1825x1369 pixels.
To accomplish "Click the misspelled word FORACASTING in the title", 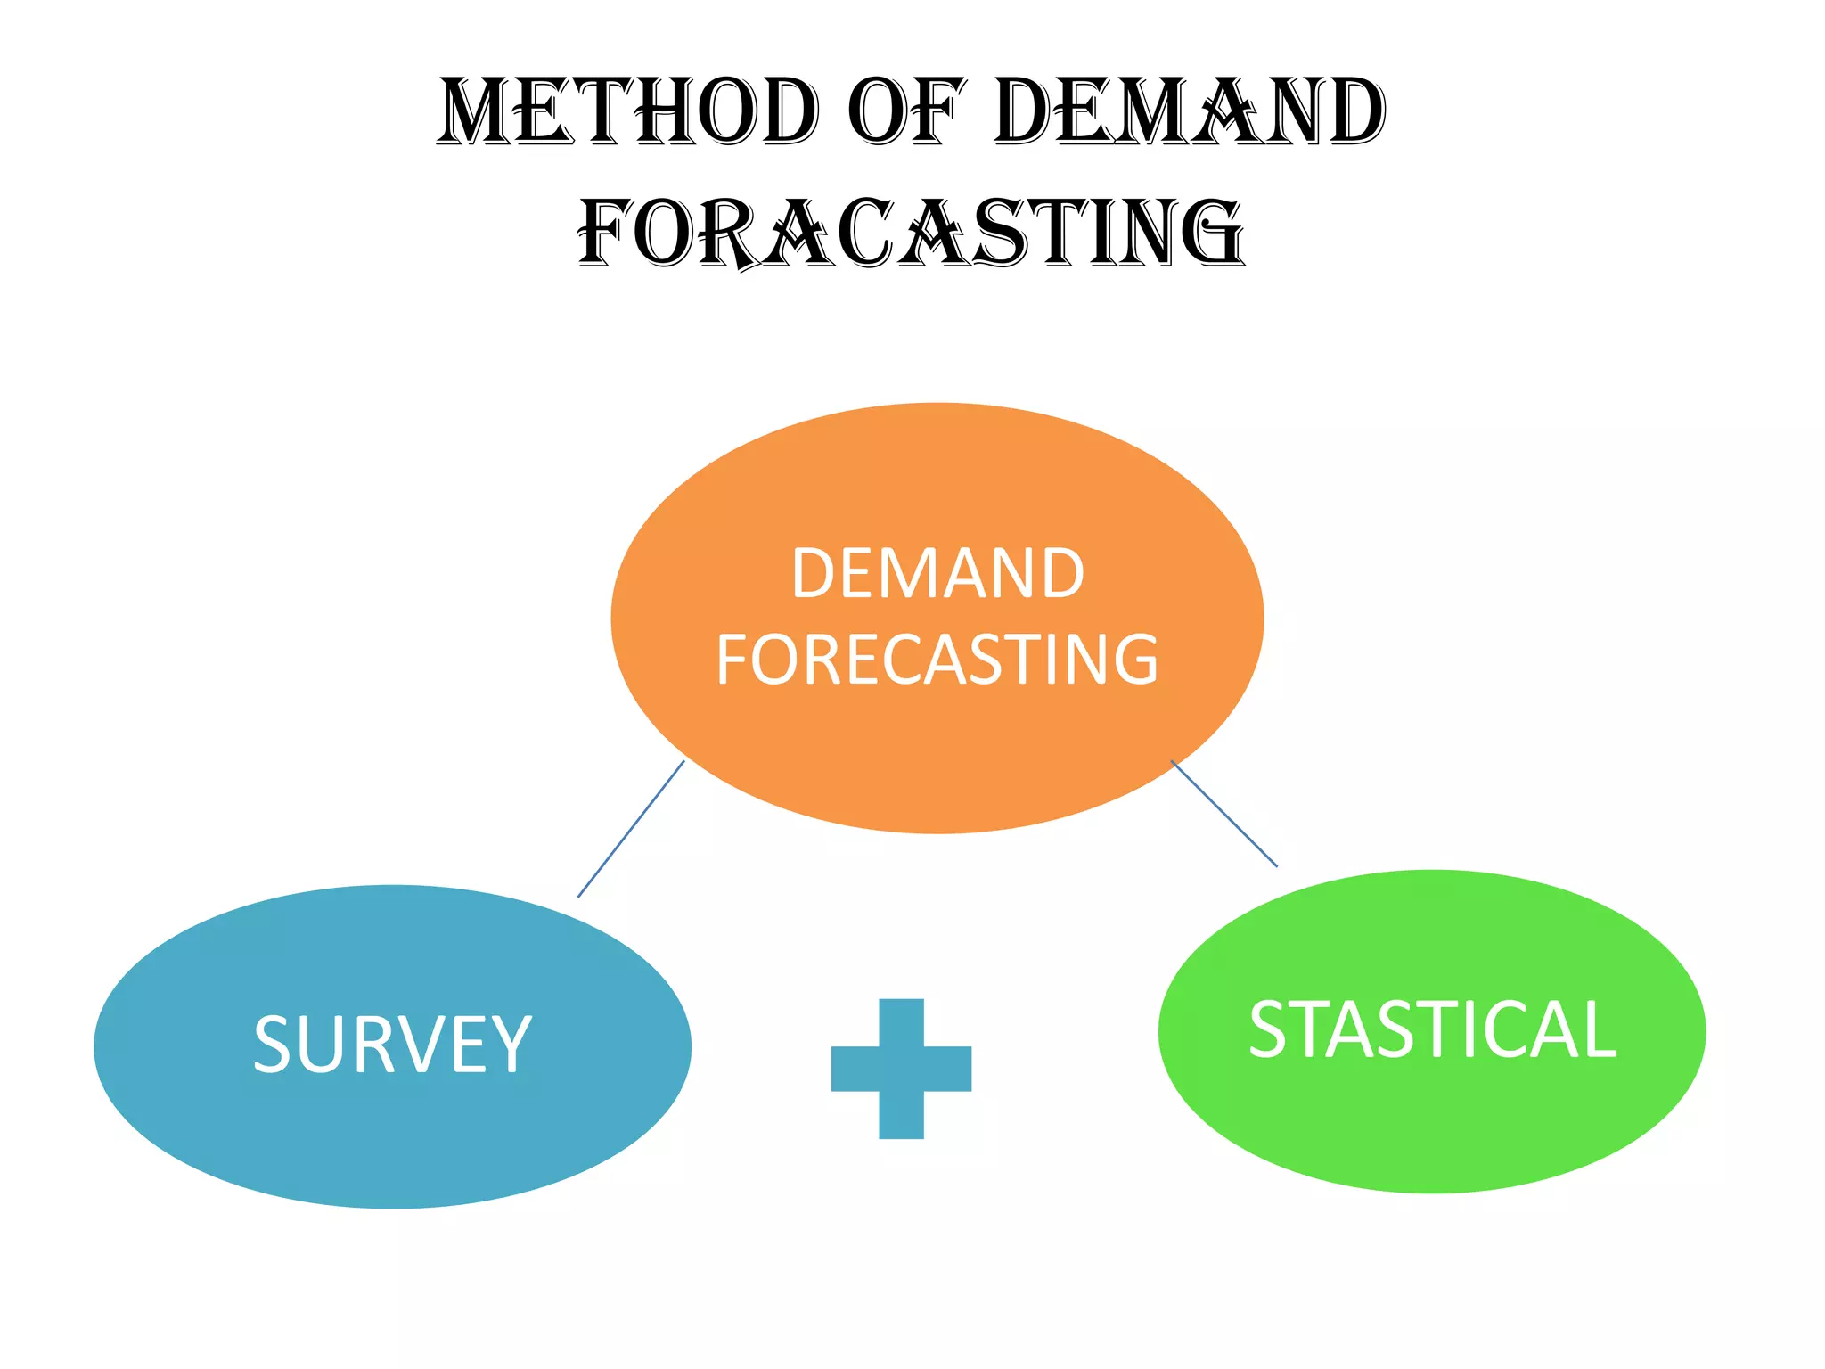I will (x=911, y=234).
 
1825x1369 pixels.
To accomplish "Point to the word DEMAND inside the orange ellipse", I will (x=937, y=573).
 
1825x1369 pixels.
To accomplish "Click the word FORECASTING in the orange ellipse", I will (x=937, y=660).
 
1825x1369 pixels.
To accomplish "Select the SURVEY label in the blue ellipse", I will (x=392, y=1045).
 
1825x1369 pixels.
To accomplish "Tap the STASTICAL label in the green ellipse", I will (x=1432, y=1030).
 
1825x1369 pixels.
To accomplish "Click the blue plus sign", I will (x=901, y=1069).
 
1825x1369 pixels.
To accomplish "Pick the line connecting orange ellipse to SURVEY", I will (x=631, y=829).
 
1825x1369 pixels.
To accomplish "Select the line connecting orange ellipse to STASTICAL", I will (x=1223, y=813).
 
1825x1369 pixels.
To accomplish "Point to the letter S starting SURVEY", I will (x=272, y=1045).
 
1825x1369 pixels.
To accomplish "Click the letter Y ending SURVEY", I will (x=511, y=1045).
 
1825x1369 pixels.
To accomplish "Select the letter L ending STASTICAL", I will (x=1595, y=1030).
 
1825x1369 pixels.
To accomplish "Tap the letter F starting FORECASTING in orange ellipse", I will (x=734, y=660).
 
